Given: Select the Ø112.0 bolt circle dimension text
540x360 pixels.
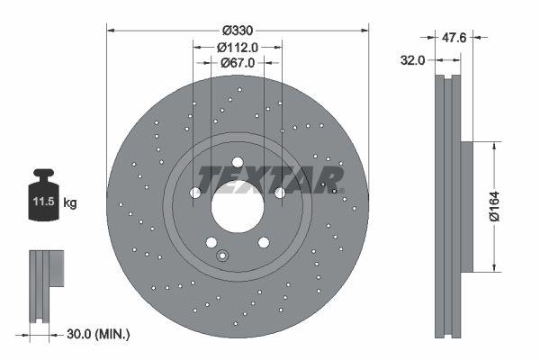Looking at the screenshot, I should tap(238, 47).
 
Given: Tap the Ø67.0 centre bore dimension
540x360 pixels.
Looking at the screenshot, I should tap(238, 63).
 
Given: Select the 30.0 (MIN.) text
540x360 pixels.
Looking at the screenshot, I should tap(100, 334).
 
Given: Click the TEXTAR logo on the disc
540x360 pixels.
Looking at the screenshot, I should tap(270, 179).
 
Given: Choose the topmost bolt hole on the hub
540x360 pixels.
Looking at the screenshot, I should tap(238, 163).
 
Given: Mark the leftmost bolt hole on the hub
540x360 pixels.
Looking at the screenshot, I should tap(195, 193).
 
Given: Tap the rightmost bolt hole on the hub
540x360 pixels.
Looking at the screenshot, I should tap(279, 193).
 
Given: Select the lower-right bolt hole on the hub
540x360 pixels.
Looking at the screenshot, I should tap(263, 242).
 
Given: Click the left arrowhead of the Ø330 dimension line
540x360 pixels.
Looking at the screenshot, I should tap(111, 28).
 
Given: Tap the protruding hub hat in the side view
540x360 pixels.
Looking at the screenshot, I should tap(467, 206).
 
